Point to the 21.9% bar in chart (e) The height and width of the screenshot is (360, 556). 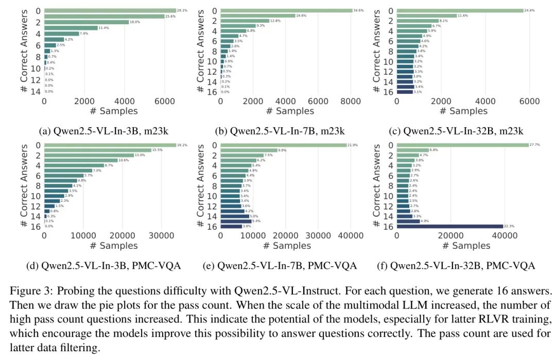point(284,145)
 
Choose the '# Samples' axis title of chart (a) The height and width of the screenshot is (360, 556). point(113,111)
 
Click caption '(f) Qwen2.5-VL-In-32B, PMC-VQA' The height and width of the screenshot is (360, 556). point(462,266)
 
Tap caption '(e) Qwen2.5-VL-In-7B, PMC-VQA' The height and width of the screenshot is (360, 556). point(287,266)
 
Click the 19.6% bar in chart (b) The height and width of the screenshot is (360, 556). point(258,16)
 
